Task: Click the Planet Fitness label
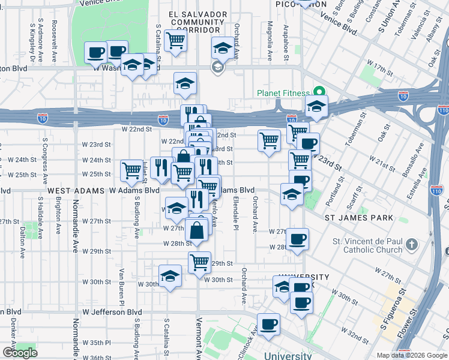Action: click(283, 93)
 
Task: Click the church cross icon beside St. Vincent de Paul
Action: click(411, 245)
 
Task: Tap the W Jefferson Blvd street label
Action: click(113, 312)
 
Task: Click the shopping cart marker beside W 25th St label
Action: click(132, 170)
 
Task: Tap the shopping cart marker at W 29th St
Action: click(199, 262)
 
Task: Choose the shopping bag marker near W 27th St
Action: click(197, 229)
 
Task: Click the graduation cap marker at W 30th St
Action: click(170, 276)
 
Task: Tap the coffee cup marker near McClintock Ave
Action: click(269, 323)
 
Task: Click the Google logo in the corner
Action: click(20, 353)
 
